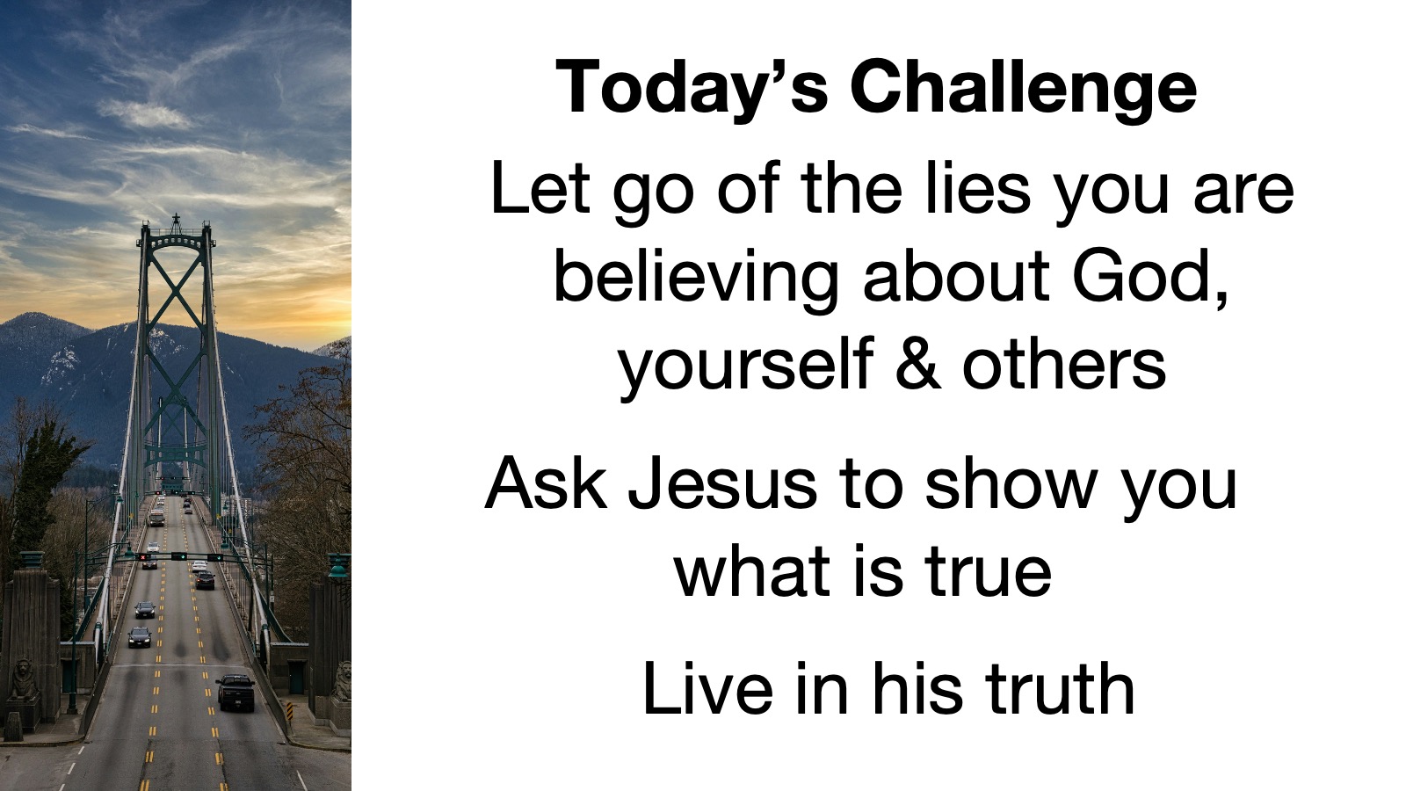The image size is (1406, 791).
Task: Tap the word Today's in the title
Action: tap(692, 87)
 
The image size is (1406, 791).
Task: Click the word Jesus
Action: tap(722, 484)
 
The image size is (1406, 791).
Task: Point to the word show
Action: tap(1011, 484)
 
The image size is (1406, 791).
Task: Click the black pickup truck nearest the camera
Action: tap(236, 692)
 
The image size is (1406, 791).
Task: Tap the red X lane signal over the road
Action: tap(142, 557)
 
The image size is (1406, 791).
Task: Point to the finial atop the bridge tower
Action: tap(177, 220)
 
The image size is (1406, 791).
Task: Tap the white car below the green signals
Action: tap(199, 566)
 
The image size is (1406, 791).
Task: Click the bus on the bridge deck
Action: tap(156, 517)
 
